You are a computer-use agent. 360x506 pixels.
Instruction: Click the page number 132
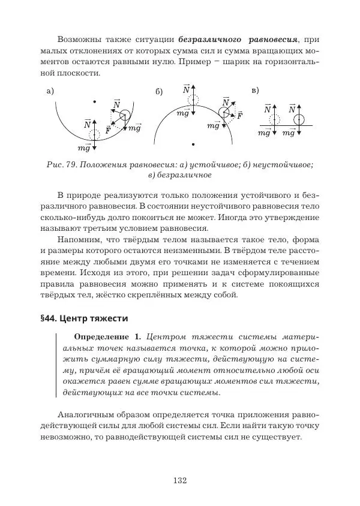coord(180,479)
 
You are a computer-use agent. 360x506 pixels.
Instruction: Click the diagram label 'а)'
coord(49,91)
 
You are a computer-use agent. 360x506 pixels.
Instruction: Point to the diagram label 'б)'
coord(159,92)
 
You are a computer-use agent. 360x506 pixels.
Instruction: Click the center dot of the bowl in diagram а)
coord(94,101)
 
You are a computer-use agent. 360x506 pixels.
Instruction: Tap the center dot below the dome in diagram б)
coord(193,144)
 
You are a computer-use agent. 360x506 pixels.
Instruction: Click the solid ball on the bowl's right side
coord(125,116)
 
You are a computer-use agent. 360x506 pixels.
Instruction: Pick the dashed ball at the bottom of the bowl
coord(95,134)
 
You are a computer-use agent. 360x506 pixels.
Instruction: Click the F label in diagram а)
coord(108,129)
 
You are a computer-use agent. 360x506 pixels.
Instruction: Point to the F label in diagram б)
coord(239,115)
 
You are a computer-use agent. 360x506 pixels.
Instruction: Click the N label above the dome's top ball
coord(187,89)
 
